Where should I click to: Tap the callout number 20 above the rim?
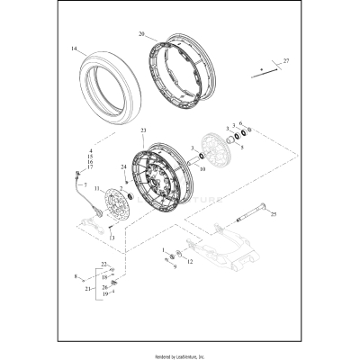click(141, 33)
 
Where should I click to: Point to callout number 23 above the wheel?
click(143, 131)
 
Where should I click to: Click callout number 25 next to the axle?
click(274, 215)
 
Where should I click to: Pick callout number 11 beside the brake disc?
click(97, 187)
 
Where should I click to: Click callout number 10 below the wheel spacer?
click(202, 168)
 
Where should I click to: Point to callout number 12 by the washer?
click(189, 263)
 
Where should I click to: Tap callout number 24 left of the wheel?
click(123, 166)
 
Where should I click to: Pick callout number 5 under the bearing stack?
click(240, 147)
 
